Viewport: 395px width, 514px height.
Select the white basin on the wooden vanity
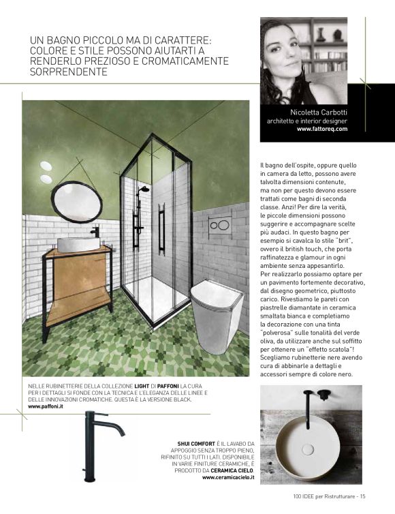(x=75, y=245)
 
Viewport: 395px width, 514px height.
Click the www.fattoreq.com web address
(x=323, y=128)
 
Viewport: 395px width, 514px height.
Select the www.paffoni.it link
(x=46, y=406)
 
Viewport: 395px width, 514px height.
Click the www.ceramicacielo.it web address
(x=228, y=478)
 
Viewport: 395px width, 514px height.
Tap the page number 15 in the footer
(x=363, y=496)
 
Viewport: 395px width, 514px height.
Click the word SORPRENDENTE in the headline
(x=69, y=71)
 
